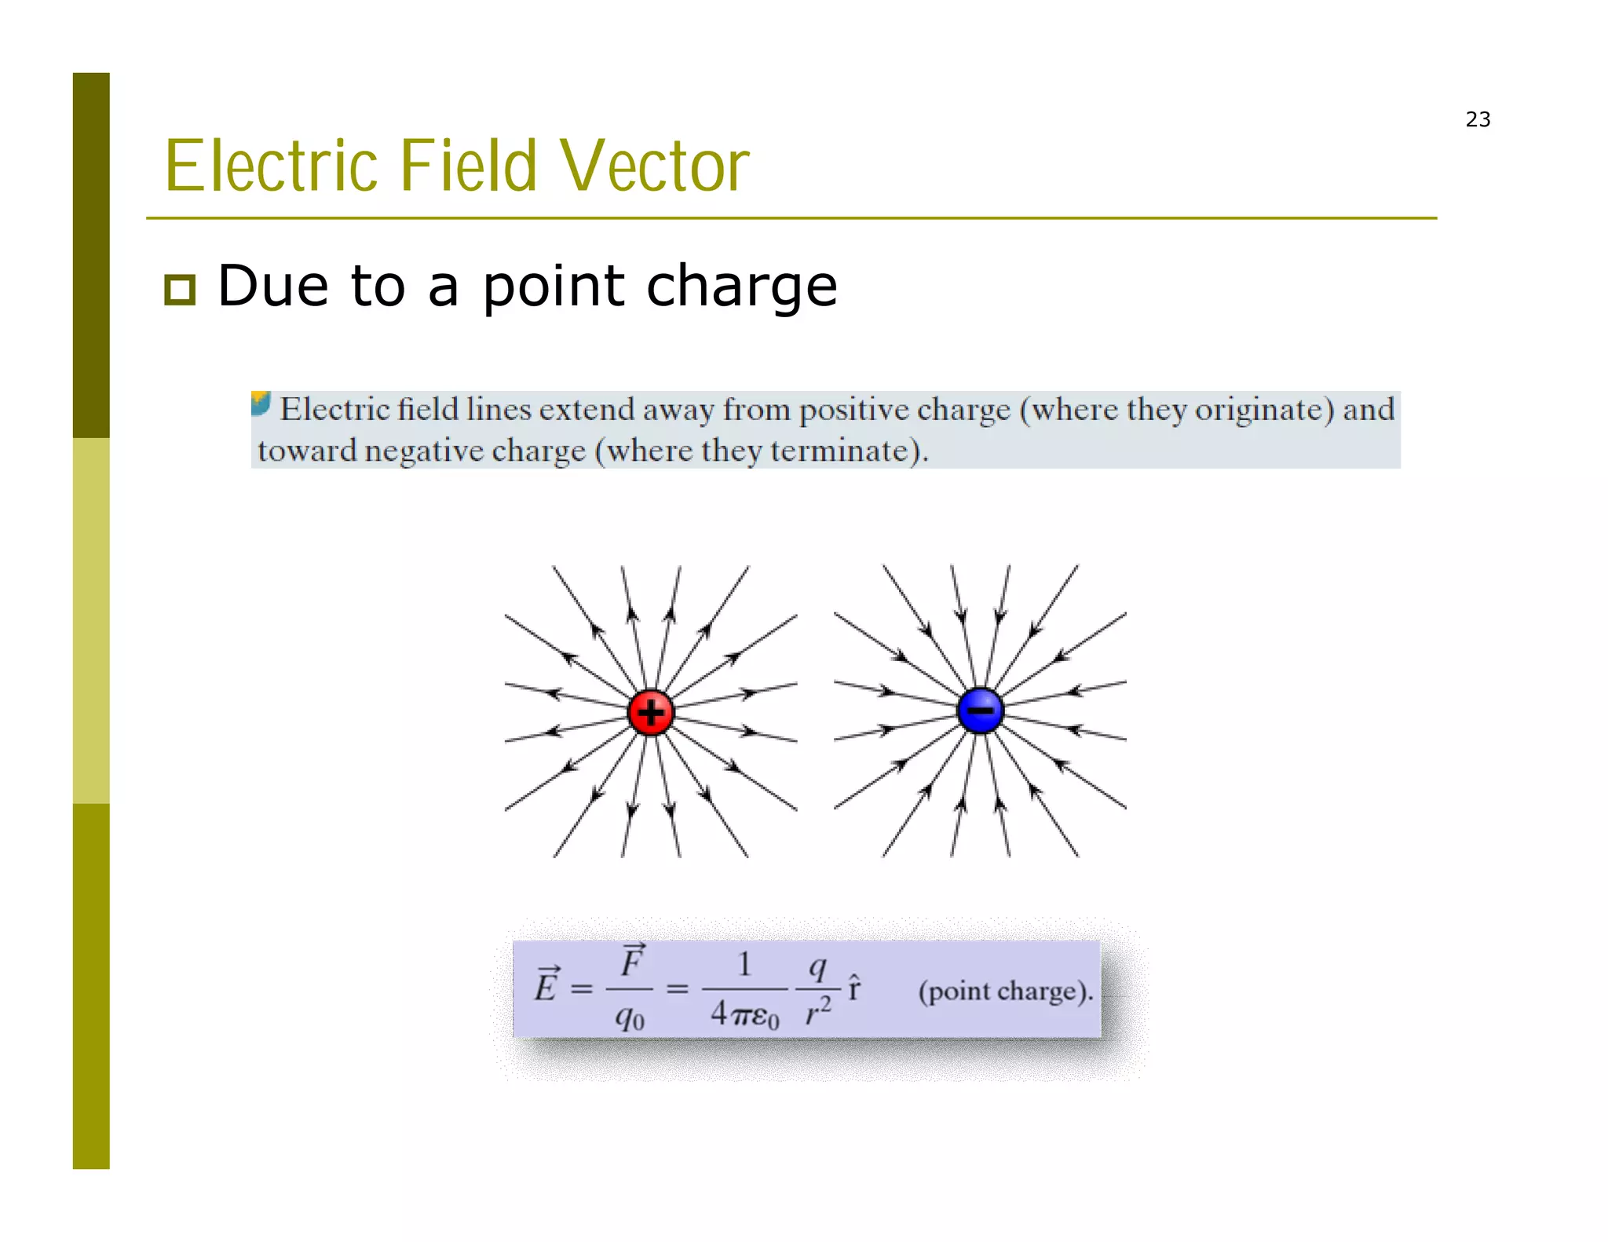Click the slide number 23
[1477, 119]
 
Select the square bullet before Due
[180, 290]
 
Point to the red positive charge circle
[650, 712]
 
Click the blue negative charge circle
[980, 710]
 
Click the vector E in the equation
[546, 985]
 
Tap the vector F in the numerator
[632, 962]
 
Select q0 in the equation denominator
[630, 1017]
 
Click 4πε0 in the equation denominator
[744, 1014]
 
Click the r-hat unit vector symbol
[854, 988]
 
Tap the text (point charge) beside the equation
[1005, 991]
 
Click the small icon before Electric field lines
[261, 404]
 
